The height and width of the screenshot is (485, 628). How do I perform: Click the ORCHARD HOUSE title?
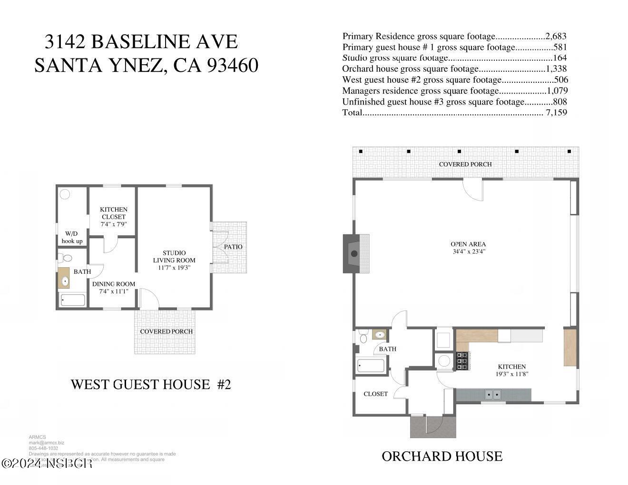pos(442,456)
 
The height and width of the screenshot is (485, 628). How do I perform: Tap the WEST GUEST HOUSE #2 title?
pos(151,384)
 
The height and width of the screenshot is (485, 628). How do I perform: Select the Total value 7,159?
pos(556,113)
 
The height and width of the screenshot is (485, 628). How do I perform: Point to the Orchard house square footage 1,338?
pos(556,69)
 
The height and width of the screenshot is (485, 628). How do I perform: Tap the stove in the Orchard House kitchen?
pos(462,361)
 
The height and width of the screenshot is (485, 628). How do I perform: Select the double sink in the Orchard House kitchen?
pos(492,394)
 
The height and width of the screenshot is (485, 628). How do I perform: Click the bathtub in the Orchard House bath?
pos(371,366)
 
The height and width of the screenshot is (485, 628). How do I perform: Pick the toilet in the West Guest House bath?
pos(66,258)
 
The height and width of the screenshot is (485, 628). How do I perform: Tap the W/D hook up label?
pos(72,237)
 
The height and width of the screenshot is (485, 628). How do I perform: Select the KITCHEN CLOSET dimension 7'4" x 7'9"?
pos(114,224)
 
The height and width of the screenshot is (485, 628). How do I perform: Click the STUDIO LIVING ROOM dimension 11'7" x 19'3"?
pos(174,268)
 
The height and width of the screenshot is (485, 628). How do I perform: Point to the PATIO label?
pos(233,247)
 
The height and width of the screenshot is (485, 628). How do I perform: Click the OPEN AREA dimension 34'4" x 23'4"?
pos(469,252)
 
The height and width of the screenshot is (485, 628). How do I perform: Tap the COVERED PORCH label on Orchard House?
pos(465,164)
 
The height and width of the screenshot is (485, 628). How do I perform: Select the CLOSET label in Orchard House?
pos(375,394)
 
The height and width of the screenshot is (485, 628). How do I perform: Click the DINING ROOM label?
pos(114,284)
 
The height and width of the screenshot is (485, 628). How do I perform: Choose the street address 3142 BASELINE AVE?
pos(141,42)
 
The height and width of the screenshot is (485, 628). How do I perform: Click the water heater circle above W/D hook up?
pos(65,194)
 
